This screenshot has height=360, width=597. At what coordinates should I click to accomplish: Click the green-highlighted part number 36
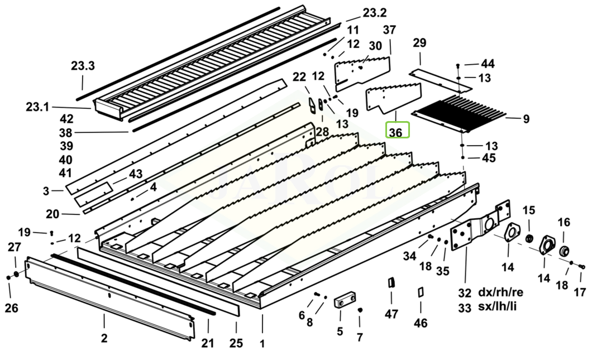(x=395, y=132)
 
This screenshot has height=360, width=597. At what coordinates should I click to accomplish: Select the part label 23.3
(x=83, y=66)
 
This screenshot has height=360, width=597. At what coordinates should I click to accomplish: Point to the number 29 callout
(x=419, y=43)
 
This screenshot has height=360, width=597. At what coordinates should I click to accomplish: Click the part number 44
(x=488, y=64)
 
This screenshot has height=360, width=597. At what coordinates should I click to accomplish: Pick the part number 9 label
(x=526, y=119)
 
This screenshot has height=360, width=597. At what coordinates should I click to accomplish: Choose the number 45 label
(x=489, y=157)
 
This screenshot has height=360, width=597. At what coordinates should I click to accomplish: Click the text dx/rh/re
(x=500, y=292)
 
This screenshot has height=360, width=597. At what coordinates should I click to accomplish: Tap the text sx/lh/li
(x=497, y=307)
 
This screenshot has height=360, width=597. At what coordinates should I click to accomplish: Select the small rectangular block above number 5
(x=345, y=300)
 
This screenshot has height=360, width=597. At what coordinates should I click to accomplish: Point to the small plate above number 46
(x=421, y=292)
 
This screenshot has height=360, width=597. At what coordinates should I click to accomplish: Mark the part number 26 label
(x=11, y=308)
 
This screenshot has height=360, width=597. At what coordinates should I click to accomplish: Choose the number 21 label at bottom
(x=208, y=343)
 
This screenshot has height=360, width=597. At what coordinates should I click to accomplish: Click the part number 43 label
(x=136, y=174)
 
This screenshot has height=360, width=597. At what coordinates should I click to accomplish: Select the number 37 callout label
(x=389, y=30)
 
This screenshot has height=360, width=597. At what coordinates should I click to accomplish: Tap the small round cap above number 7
(x=360, y=310)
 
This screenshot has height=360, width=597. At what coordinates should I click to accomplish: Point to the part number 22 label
(x=299, y=77)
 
